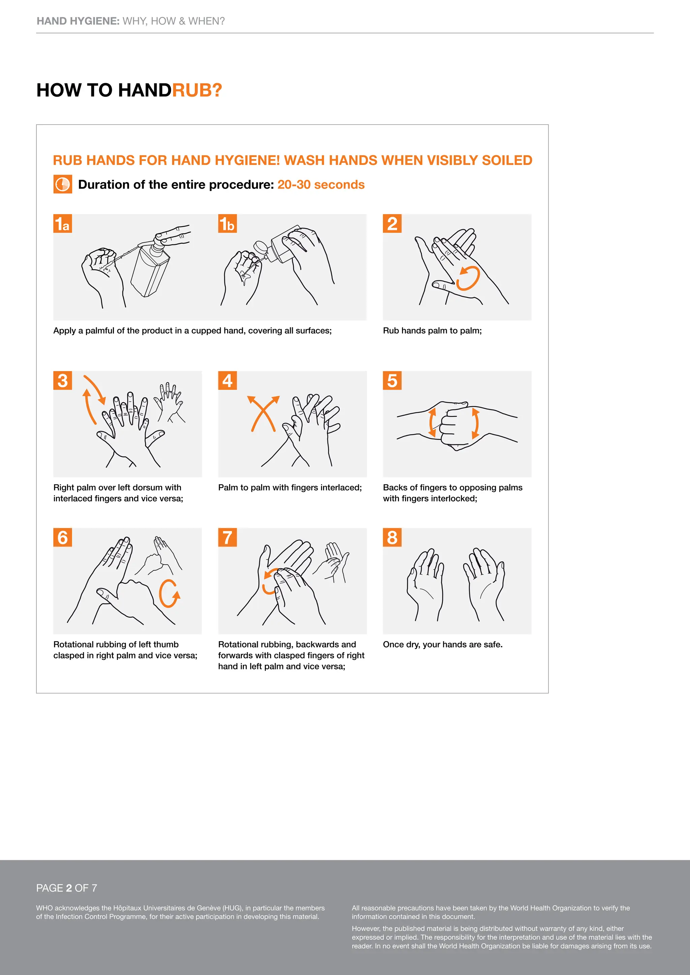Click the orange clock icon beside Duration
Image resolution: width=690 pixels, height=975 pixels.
pos(62,184)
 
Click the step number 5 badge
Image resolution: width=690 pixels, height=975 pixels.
pos(392,380)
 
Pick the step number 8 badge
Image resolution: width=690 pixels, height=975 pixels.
pos(392,537)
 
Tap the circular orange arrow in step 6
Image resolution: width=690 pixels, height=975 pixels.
pos(169,593)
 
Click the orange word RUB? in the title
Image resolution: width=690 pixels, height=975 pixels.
pos(197,90)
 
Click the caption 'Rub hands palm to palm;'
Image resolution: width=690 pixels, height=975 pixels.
pos(432,330)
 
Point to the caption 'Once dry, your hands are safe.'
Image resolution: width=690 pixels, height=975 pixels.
pos(442,644)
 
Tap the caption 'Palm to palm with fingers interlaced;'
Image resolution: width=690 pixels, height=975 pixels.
pos(290,487)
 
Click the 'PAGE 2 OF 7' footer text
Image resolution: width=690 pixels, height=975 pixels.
pos(67,888)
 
